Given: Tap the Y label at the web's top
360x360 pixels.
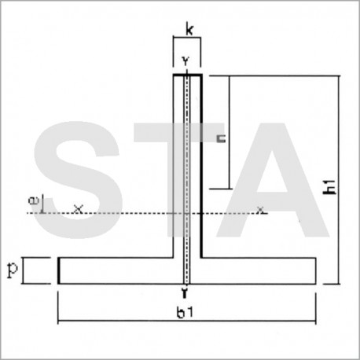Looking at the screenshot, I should coord(186,60).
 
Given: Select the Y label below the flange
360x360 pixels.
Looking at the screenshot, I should coord(186,292).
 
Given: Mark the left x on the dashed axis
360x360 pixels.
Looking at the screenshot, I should coord(77,209).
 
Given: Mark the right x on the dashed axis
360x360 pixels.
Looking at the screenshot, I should coord(261,209).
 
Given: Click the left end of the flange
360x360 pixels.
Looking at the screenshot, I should coord(58,270).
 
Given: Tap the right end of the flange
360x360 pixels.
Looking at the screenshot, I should coord(316,270).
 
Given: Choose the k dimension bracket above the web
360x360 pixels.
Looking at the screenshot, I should coord(187,40).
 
